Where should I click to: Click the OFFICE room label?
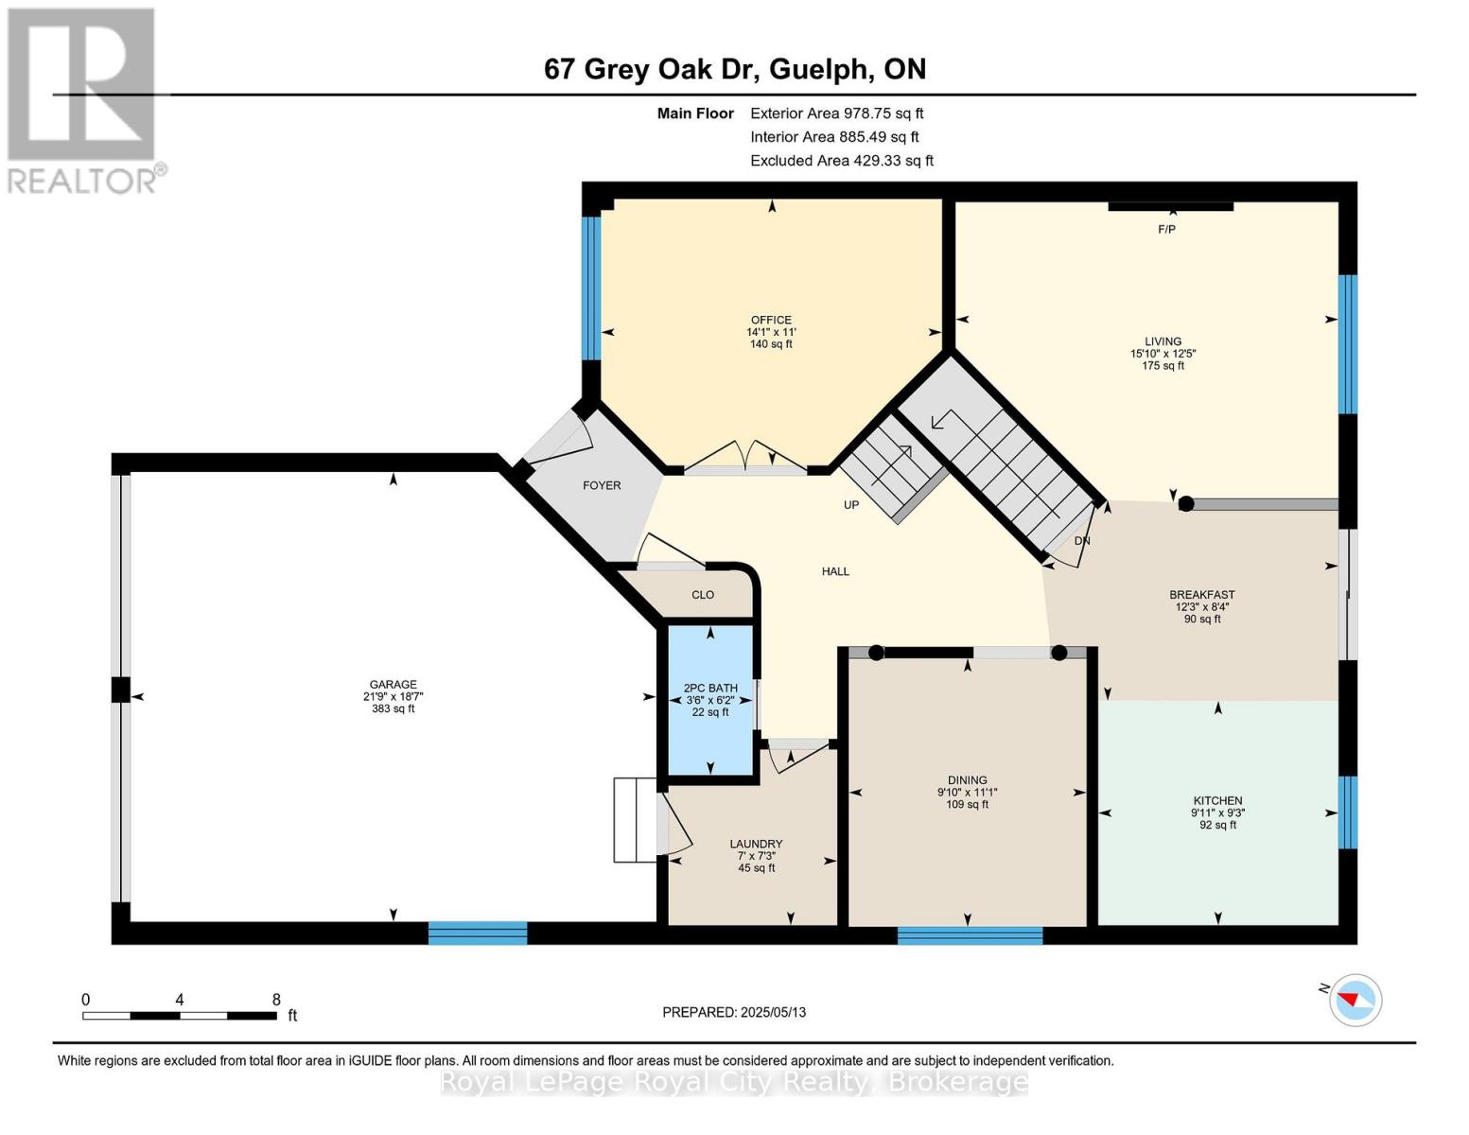tap(771, 320)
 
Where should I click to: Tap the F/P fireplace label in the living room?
tap(1166, 230)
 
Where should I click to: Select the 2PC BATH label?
tap(710, 688)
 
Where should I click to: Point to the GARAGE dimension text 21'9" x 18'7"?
tap(393, 697)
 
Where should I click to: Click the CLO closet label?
tap(703, 595)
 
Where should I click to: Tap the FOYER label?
tap(602, 485)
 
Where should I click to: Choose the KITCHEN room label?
tap(1217, 800)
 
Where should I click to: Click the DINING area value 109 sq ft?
tap(967, 805)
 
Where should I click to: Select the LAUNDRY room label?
tap(756, 844)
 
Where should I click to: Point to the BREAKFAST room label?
tap(1201, 595)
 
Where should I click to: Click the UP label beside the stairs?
tap(851, 505)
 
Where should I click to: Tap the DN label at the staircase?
tap(1082, 541)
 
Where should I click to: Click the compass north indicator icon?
tap(1355, 1000)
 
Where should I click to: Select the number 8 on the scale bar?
tap(276, 1000)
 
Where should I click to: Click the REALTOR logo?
tap(83, 99)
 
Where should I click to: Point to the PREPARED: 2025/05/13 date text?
tap(734, 1012)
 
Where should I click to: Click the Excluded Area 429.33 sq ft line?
tap(841, 161)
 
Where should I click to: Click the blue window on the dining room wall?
tap(970, 935)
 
